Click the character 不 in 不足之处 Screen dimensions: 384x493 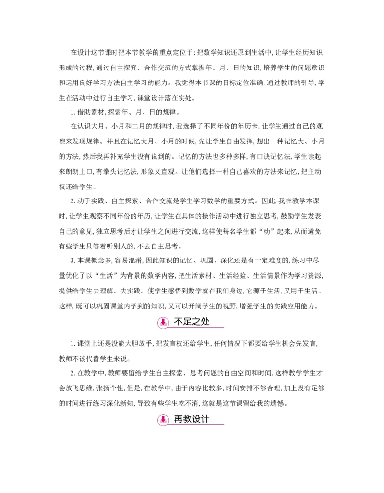tap(179, 322)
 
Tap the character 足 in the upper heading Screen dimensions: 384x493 tap(188, 322)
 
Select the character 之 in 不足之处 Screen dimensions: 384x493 tap(197, 322)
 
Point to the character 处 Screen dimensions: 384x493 tap(205, 322)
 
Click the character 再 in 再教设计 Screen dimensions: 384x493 tap(179, 419)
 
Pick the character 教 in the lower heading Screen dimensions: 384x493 tap(188, 419)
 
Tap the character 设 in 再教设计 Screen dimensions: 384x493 tap(197, 419)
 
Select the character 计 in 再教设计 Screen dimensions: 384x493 tap(205, 419)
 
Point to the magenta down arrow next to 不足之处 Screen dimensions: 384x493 tap(163, 321)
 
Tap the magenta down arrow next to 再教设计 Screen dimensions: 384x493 tap(163, 419)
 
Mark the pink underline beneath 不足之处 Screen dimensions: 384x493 tap(202, 328)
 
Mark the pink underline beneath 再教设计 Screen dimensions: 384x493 tap(202, 424)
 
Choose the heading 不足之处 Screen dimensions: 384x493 tap(192, 322)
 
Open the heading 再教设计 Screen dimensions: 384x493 tap(192, 419)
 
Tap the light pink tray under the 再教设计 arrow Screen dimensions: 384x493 tap(163, 423)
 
